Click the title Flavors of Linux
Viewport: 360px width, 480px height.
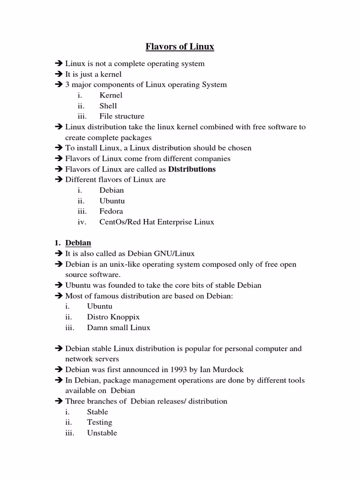[x=180, y=46]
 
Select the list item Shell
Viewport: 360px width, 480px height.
[x=108, y=106]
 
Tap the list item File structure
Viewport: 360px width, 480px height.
[x=121, y=116]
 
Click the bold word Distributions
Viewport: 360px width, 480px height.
[x=192, y=169]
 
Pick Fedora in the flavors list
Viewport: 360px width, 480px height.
[x=111, y=211]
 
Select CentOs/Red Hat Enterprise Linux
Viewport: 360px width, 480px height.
[x=157, y=222]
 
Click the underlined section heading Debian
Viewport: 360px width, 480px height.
[x=78, y=243]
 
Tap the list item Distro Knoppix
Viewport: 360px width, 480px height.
[x=113, y=317]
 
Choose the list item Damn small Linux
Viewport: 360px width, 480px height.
[x=119, y=328]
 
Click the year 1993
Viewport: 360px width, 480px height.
[x=178, y=370]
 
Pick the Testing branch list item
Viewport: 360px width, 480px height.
[x=99, y=422]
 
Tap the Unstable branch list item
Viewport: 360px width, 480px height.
[x=102, y=433]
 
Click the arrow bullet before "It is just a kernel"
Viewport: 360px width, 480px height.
[x=59, y=74]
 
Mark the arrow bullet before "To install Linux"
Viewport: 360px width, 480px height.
[x=59, y=148]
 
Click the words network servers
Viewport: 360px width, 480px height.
[x=92, y=359]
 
